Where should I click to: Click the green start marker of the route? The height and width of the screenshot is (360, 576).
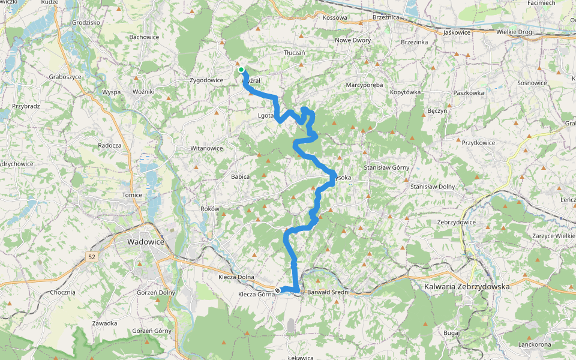pyautogui.click(x=241, y=70)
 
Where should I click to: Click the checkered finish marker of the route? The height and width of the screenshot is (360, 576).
pyautogui.click(x=277, y=290)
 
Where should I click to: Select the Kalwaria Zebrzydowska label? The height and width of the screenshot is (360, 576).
pyautogui.click(x=467, y=287)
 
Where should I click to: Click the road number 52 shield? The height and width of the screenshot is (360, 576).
pyautogui.click(x=91, y=257)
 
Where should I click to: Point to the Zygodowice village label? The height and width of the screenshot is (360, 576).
pyautogui.click(x=206, y=80)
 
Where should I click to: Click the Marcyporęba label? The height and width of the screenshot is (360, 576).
pyautogui.click(x=364, y=85)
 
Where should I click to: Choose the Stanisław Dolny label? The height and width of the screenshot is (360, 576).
pyautogui.click(x=433, y=187)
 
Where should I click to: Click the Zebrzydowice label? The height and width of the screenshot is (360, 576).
pyautogui.click(x=457, y=222)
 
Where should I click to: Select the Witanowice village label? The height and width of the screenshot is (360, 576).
pyautogui.click(x=206, y=148)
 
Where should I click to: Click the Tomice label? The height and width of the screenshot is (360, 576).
pyautogui.click(x=132, y=195)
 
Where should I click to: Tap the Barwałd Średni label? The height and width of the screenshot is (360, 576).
pyautogui.click(x=328, y=292)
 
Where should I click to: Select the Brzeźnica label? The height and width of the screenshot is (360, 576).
pyautogui.click(x=386, y=18)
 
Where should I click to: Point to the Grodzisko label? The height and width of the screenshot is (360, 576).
pyautogui.click(x=85, y=23)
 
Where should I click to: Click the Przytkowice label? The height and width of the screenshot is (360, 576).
pyautogui.click(x=478, y=143)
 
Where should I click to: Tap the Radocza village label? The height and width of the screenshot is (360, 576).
pyautogui.click(x=110, y=145)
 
